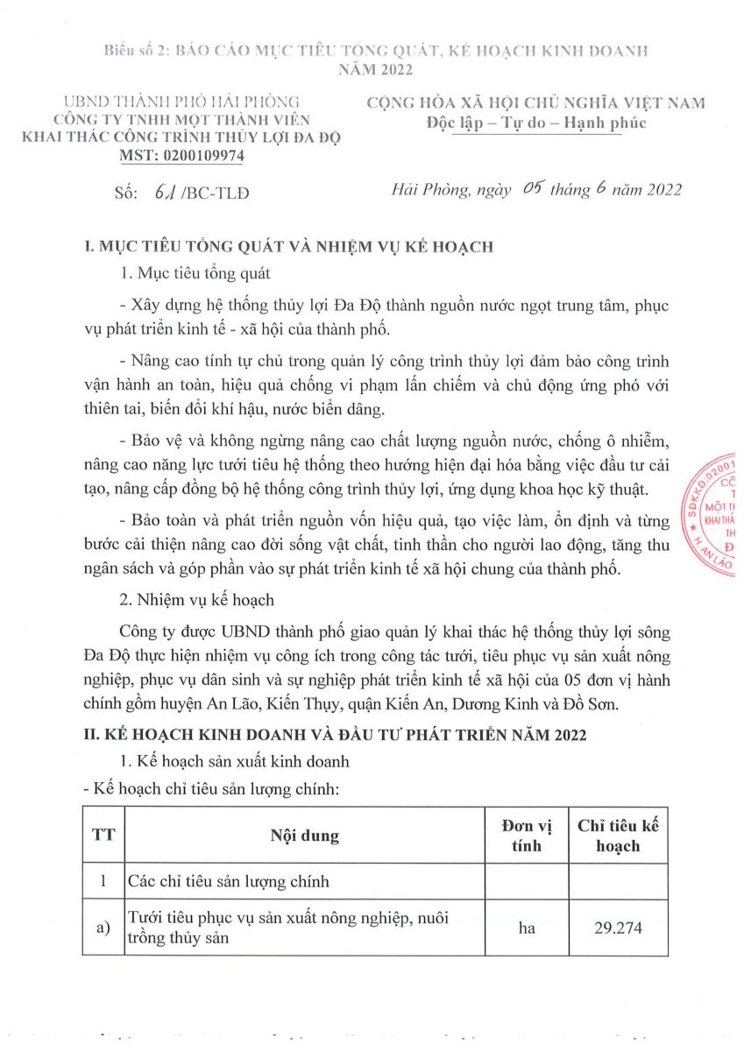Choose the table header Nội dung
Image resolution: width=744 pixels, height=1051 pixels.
click(304, 836)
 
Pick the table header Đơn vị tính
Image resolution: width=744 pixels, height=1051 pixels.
click(526, 836)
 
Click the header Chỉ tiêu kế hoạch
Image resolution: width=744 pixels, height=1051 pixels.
click(618, 836)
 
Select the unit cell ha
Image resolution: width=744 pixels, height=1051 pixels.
click(526, 927)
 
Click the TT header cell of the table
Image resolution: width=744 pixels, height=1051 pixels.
click(103, 836)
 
